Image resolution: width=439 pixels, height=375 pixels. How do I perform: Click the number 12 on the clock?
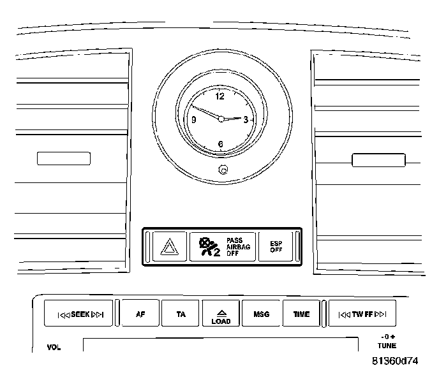pyautogui.click(x=220, y=97)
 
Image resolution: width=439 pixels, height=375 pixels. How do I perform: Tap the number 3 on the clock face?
pyautogui.click(x=246, y=119)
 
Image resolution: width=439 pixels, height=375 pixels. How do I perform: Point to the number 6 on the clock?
pyautogui.click(x=220, y=144)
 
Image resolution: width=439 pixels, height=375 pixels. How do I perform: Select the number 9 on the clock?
pyautogui.click(x=193, y=119)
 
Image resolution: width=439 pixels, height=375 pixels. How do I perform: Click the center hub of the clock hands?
pyautogui.click(x=221, y=119)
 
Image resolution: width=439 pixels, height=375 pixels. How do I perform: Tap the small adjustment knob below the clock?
pyautogui.click(x=223, y=170)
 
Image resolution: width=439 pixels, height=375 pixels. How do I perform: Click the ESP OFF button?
pyautogui.click(x=276, y=246)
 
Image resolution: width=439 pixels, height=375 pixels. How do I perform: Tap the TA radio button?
pyautogui.click(x=181, y=314)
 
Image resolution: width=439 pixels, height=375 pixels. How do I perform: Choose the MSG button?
pyautogui.click(x=261, y=314)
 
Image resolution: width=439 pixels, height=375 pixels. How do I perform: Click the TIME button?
pyautogui.click(x=301, y=314)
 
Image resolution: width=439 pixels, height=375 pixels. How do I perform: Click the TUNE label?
pyautogui.click(x=386, y=346)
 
